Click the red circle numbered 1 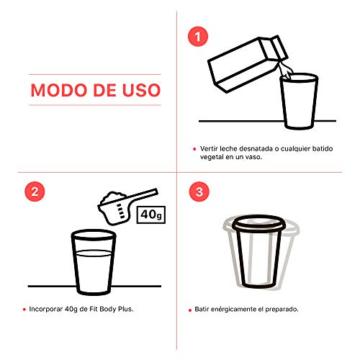[198, 37]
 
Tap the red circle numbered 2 [35, 192]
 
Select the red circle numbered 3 [199, 192]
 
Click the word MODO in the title [59, 90]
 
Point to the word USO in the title [141, 90]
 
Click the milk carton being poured [247, 63]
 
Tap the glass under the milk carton [299, 102]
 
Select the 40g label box [151, 215]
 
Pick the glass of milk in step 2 [94, 262]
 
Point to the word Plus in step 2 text [127, 309]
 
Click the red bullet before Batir [190, 310]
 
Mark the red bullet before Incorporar [24, 310]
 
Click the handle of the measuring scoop [143, 195]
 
